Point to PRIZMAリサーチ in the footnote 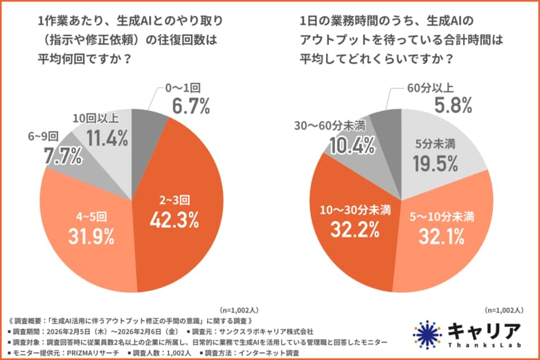[x=80, y=353]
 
